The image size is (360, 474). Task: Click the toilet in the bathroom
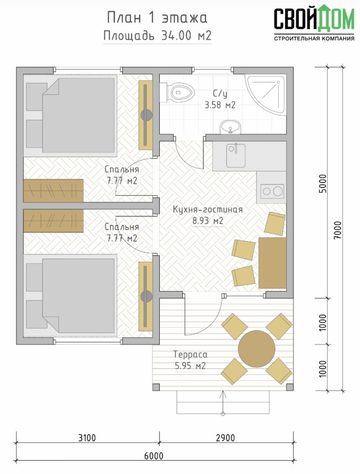pos(181,93)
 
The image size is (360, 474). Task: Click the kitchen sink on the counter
pos(236,155)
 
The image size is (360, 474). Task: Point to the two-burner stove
pos(272,191)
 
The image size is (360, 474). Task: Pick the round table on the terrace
pos(257,349)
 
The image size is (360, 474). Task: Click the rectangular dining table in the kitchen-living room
pos(272,263)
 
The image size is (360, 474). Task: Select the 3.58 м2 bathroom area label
pos(220,106)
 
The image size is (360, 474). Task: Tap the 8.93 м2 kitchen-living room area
pos(208,221)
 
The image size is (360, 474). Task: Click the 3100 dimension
pos(87,438)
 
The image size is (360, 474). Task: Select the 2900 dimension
pos(225,438)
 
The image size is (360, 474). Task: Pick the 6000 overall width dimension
pos(154,456)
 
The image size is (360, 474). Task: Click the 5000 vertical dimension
pos(323,184)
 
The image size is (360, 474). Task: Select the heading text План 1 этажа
pos(157,17)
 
